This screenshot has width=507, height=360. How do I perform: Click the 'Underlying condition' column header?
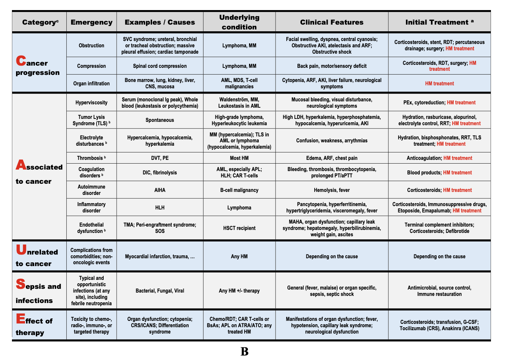click(x=239, y=22)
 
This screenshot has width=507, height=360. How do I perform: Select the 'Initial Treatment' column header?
click(x=439, y=22)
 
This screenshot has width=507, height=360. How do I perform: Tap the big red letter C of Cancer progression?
click(x=21, y=61)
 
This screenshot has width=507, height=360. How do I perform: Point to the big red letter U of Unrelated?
click(x=21, y=250)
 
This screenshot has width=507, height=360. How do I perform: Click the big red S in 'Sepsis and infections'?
click(x=21, y=284)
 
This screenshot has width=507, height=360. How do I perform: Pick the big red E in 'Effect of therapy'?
click(x=21, y=319)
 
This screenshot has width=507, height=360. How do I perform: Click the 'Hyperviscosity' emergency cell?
click(x=91, y=102)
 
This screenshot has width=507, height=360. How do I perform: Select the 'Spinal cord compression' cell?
click(x=160, y=66)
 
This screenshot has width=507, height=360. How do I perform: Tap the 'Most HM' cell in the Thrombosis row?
click(x=239, y=158)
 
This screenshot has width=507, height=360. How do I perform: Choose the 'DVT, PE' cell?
click(x=160, y=158)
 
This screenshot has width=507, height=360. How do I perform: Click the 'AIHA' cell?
click(x=160, y=190)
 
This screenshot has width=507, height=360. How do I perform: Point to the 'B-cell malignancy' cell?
click(x=239, y=190)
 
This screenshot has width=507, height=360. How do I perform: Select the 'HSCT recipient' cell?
click(x=239, y=228)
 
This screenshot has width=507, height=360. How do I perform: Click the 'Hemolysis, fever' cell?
click(x=331, y=190)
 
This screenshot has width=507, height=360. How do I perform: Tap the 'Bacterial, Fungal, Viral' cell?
click(x=160, y=291)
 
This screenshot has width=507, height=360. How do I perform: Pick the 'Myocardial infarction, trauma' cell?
click(x=160, y=256)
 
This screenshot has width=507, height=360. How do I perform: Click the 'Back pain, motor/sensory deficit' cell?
click(x=331, y=66)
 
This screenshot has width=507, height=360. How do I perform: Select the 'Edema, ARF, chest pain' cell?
click(x=331, y=158)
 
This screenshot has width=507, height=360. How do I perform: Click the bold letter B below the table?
click(x=245, y=351)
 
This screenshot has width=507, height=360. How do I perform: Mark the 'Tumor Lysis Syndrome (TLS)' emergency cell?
click(x=91, y=120)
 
